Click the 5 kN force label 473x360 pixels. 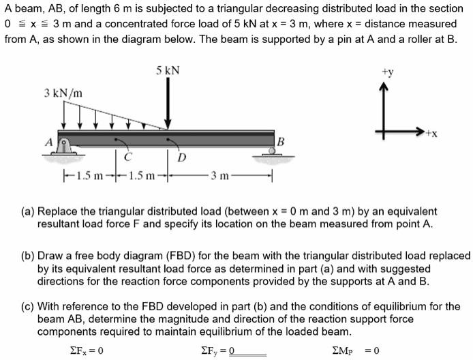pyautogui.click(x=167, y=70)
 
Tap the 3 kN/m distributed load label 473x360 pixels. pyautogui.click(x=62, y=92)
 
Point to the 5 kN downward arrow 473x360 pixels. pyautogui.click(x=168, y=102)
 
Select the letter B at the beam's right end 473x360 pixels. pyautogui.click(x=280, y=142)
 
